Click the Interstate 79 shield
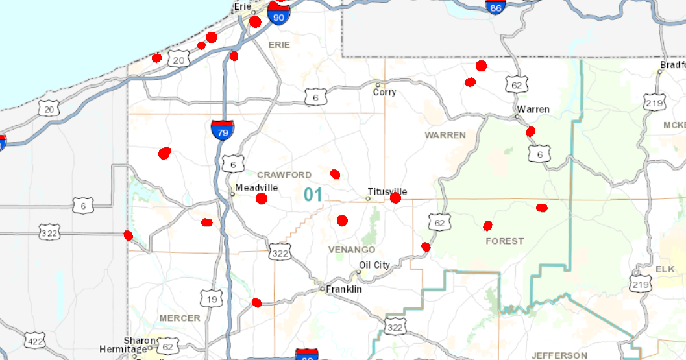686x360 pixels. click(223, 131)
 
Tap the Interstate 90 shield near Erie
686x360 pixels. click(278, 16)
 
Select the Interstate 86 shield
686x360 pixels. click(496, 7)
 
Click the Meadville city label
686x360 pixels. click(256, 187)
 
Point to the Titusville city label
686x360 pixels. click(387, 191)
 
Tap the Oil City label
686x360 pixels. click(374, 265)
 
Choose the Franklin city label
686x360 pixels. click(343, 289)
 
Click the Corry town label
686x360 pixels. click(384, 92)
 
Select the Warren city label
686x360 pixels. click(533, 109)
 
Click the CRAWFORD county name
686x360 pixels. click(284, 175)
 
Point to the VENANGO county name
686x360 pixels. click(352, 250)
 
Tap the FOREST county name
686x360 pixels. click(504, 241)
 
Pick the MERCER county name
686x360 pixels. click(180, 318)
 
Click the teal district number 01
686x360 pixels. click(313, 195)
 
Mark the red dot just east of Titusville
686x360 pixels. click(395, 198)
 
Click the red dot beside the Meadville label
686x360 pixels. click(262, 198)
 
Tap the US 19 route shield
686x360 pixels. click(212, 299)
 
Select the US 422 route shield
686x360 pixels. click(34, 340)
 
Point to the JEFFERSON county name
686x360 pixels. click(559, 355)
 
